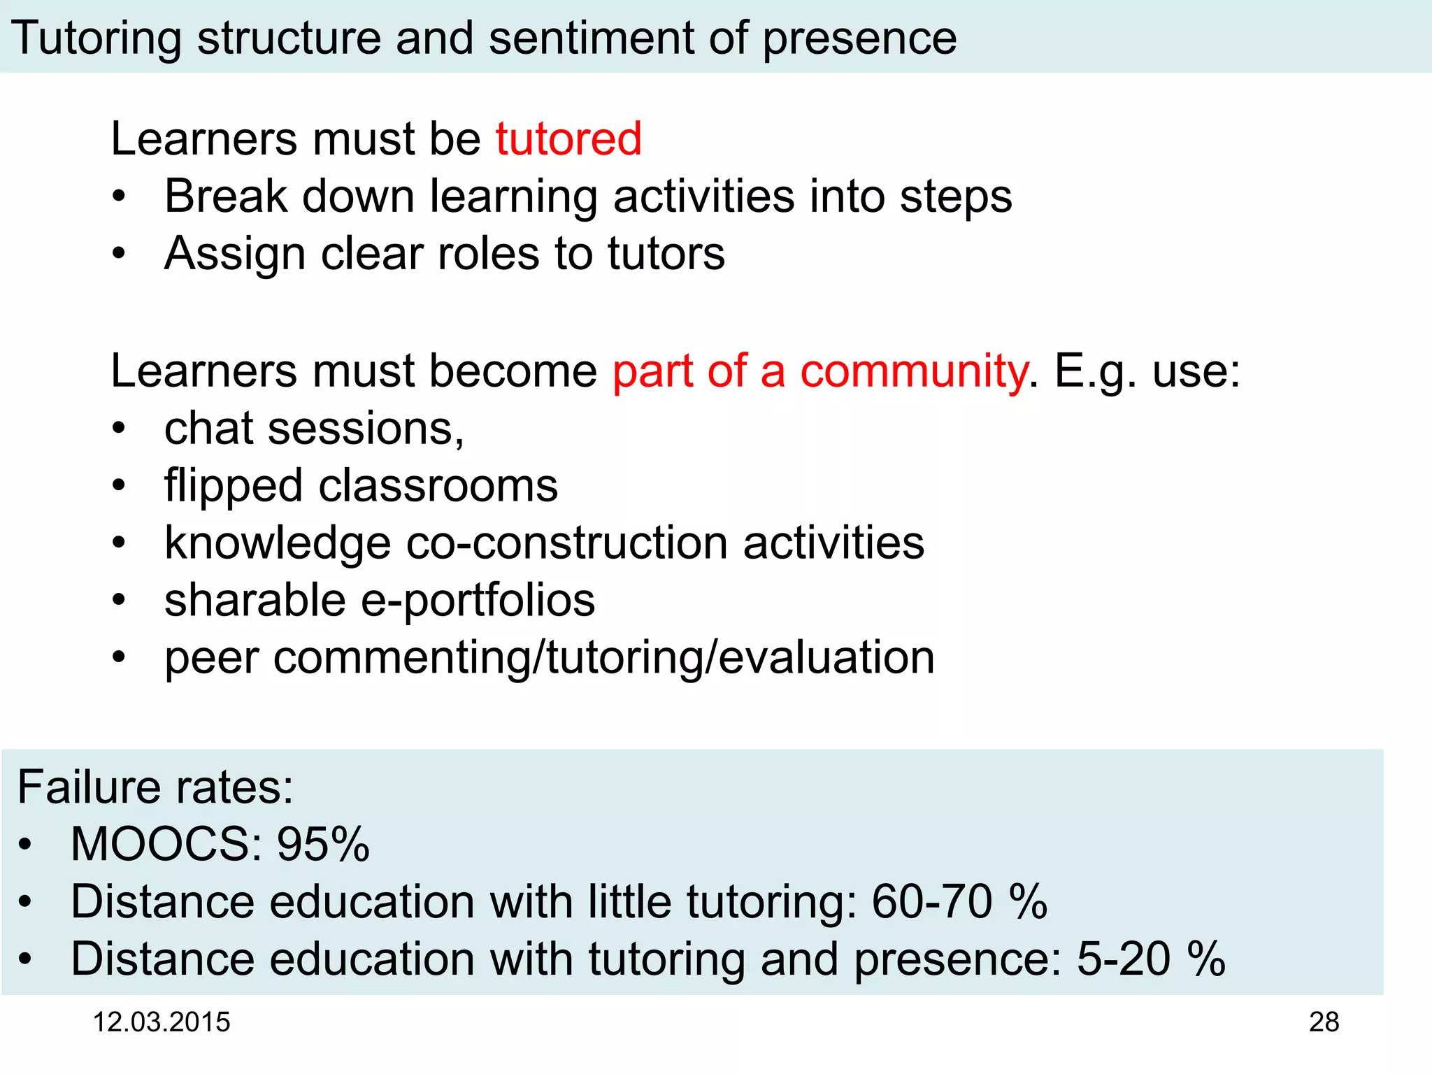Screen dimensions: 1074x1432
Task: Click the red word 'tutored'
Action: (x=568, y=138)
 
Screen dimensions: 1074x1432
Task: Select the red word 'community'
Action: (x=913, y=371)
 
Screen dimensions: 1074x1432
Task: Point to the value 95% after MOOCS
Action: (x=323, y=844)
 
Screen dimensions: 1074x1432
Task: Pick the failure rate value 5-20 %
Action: (x=1151, y=959)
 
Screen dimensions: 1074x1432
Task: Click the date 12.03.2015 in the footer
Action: (x=162, y=1022)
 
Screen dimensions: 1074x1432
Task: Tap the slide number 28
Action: (x=1324, y=1022)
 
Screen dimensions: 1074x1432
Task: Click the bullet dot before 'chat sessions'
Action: (x=120, y=428)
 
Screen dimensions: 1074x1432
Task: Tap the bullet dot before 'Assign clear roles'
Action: (x=120, y=253)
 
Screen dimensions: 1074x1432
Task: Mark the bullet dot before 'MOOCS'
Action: (x=26, y=844)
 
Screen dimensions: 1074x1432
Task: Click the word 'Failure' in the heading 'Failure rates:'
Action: (x=89, y=787)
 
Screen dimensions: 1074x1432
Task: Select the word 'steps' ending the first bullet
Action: (x=955, y=197)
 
